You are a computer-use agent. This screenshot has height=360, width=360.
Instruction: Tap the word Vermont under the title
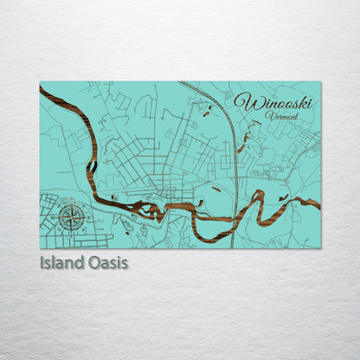click(282, 115)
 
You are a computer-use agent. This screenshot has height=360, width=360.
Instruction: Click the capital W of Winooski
click(246, 102)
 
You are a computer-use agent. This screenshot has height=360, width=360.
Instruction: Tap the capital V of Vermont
click(269, 114)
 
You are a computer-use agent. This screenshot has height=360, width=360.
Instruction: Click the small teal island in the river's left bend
click(91, 164)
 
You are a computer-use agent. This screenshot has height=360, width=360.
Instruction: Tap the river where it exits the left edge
click(42, 89)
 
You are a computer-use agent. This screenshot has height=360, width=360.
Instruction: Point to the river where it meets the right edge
click(318, 205)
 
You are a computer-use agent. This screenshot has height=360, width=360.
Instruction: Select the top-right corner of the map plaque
click(320, 82)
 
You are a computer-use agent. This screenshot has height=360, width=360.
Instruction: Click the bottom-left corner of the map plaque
click(40, 248)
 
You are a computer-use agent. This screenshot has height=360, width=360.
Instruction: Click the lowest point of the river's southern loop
click(208, 239)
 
